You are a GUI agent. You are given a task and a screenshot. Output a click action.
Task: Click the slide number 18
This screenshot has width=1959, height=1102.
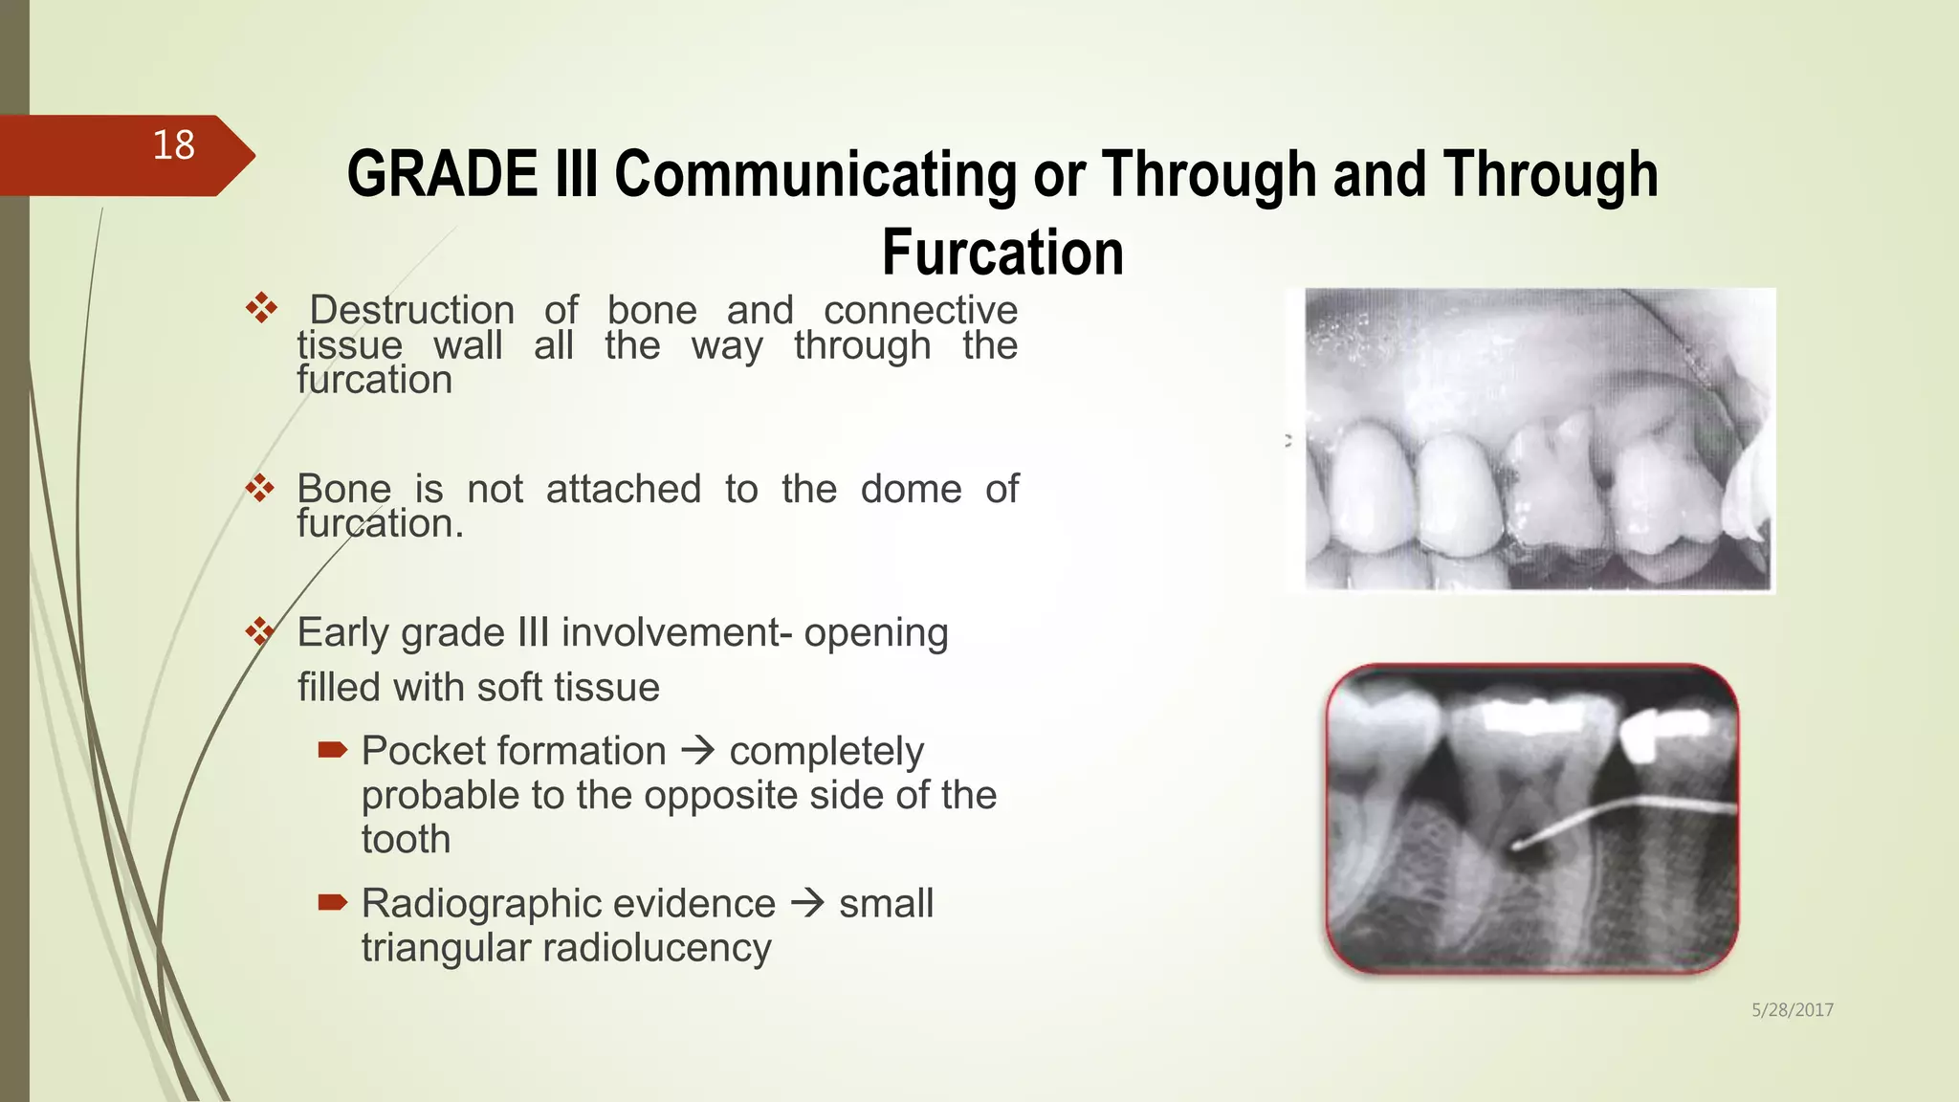point(173,146)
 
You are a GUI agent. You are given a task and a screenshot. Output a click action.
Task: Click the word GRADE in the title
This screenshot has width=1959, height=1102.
point(442,175)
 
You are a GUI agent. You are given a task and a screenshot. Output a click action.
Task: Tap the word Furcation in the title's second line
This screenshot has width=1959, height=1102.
point(1002,253)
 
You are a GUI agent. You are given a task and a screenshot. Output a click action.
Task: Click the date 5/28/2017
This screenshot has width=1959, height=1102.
point(1792,1010)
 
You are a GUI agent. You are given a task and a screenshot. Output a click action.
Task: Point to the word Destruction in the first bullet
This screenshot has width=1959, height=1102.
point(412,310)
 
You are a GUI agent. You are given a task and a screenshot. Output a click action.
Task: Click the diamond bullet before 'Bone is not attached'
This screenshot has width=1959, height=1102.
point(260,489)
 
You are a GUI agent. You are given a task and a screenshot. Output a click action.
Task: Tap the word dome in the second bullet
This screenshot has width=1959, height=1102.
point(911,489)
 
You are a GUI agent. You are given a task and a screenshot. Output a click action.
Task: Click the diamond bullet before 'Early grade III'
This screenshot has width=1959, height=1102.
point(260,631)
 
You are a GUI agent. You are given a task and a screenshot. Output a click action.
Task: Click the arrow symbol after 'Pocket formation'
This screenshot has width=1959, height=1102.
point(698,751)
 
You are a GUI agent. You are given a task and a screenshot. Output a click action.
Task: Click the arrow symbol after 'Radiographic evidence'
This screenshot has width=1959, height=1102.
point(808,903)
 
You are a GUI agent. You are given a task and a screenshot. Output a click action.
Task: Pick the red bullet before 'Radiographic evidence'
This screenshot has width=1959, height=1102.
point(332,902)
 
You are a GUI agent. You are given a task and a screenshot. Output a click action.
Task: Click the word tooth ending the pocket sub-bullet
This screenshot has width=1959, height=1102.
point(406,840)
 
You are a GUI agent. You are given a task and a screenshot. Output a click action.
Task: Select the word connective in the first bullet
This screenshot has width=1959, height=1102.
point(920,310)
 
